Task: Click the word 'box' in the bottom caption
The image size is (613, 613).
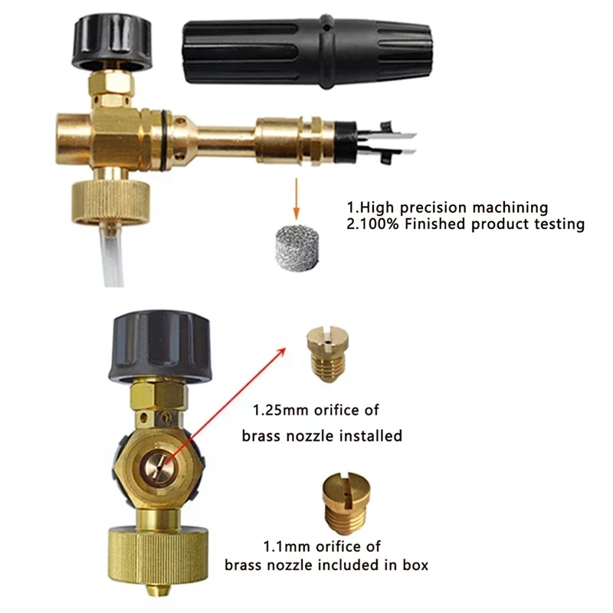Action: coord(415,565)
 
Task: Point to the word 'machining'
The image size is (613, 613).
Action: coord(511,207)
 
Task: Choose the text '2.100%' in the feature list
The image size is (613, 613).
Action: coord(372,225)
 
